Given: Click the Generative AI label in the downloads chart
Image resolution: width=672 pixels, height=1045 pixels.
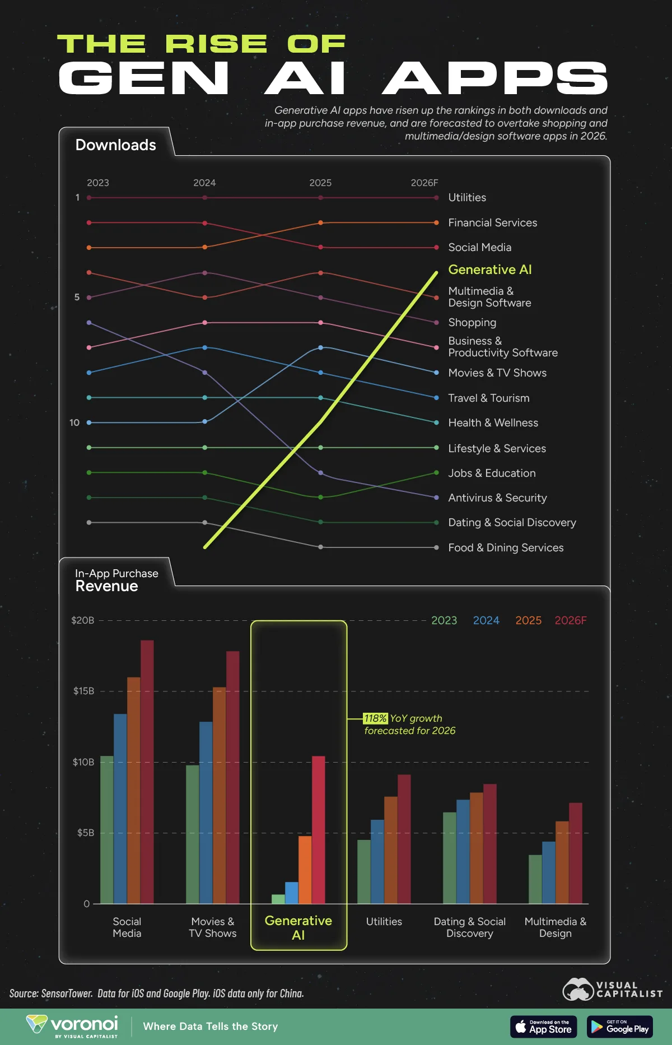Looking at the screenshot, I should tap(489, 270).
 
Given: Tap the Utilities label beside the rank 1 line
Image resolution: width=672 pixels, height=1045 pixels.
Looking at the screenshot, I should tap(466, 197).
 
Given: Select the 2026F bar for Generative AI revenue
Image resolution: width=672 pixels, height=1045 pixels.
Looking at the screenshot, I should tap(318, 829).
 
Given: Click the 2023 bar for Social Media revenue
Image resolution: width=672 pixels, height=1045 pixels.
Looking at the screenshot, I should tap(106, 829).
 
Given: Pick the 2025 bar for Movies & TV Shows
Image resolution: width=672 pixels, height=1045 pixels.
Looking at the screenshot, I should tap(219, 796).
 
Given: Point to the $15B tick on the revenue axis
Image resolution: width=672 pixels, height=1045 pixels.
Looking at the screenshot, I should tap(83, 691).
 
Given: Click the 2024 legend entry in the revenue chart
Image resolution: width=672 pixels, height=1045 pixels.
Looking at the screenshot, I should tap(486, 620).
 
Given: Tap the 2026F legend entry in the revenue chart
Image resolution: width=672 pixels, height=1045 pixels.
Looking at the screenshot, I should tap(570, 620).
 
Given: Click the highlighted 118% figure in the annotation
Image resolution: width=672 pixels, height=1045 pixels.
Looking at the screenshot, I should tap(375, 718).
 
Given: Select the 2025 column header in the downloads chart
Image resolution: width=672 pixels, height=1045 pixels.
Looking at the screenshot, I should tap(320, 183).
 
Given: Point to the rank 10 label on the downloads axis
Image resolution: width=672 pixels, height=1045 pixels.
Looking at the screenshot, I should tap(74, 422).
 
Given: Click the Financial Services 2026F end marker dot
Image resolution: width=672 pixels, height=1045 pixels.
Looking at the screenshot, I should tap(436, 222).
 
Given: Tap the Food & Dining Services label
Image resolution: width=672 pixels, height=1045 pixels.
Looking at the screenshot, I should tap(505, 547).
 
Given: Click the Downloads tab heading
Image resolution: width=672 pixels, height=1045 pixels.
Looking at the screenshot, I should tap(115, 145).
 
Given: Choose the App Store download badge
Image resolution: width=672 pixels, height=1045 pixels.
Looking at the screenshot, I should tap(543, 1027).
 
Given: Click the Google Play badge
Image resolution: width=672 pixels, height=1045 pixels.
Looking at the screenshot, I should tap(619, 1027).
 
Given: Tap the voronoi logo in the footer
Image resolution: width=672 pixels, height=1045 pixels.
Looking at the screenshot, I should tap(72, 1025).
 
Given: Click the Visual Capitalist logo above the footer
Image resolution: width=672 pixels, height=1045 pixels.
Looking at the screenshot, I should tap(612, 990).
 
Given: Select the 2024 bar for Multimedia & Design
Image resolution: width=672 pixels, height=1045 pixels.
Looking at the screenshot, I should tap(548, 872).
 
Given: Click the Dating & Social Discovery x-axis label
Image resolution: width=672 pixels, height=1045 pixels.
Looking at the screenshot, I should tap(469, 927).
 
